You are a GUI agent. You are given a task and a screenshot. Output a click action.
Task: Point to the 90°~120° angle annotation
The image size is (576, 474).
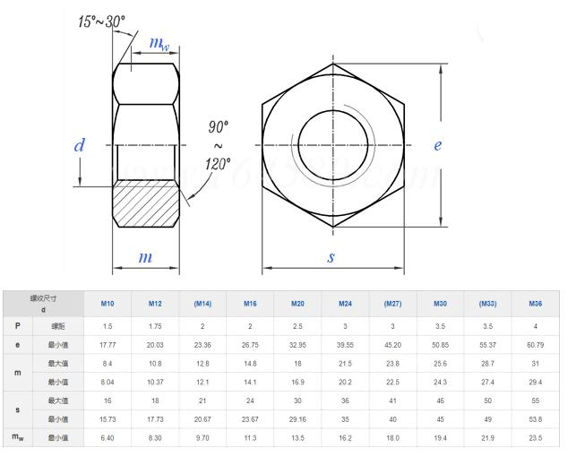pos(218,145)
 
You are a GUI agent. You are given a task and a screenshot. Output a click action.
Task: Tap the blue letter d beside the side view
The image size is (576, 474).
pos(80,145)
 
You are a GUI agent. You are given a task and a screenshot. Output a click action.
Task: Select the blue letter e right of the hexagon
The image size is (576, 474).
pos(438,145)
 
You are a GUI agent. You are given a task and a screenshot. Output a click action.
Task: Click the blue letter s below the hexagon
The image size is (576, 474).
pos(331,257)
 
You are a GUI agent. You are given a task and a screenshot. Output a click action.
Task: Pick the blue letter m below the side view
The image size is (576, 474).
pos(145,257)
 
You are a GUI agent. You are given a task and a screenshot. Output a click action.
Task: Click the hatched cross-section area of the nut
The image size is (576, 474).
pos(147,203)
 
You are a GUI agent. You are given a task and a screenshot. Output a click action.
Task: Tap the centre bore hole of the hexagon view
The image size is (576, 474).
pos(334,144)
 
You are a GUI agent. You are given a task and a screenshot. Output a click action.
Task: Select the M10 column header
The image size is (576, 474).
pos(107,304)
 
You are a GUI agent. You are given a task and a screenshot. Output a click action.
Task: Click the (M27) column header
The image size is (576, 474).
pos(392,304)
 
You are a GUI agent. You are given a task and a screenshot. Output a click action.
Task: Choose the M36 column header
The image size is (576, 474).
pos(536,304)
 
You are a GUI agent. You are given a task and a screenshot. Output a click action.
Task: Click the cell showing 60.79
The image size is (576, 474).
pos(536,344)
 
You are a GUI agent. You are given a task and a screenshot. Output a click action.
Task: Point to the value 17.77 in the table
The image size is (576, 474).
pos(107,344)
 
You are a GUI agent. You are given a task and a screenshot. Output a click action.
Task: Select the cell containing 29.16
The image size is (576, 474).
pos(297,418)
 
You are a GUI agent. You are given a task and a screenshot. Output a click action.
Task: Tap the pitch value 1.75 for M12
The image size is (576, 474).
pos(154,327)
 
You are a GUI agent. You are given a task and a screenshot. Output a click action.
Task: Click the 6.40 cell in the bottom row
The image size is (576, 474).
pos(107,438)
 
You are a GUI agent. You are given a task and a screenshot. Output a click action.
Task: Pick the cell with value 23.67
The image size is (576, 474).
pos(250,418)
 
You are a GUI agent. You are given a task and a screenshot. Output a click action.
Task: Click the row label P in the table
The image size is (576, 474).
pos(17,327)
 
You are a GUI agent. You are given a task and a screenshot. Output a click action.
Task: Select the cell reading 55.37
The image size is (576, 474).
pos(487,344)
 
